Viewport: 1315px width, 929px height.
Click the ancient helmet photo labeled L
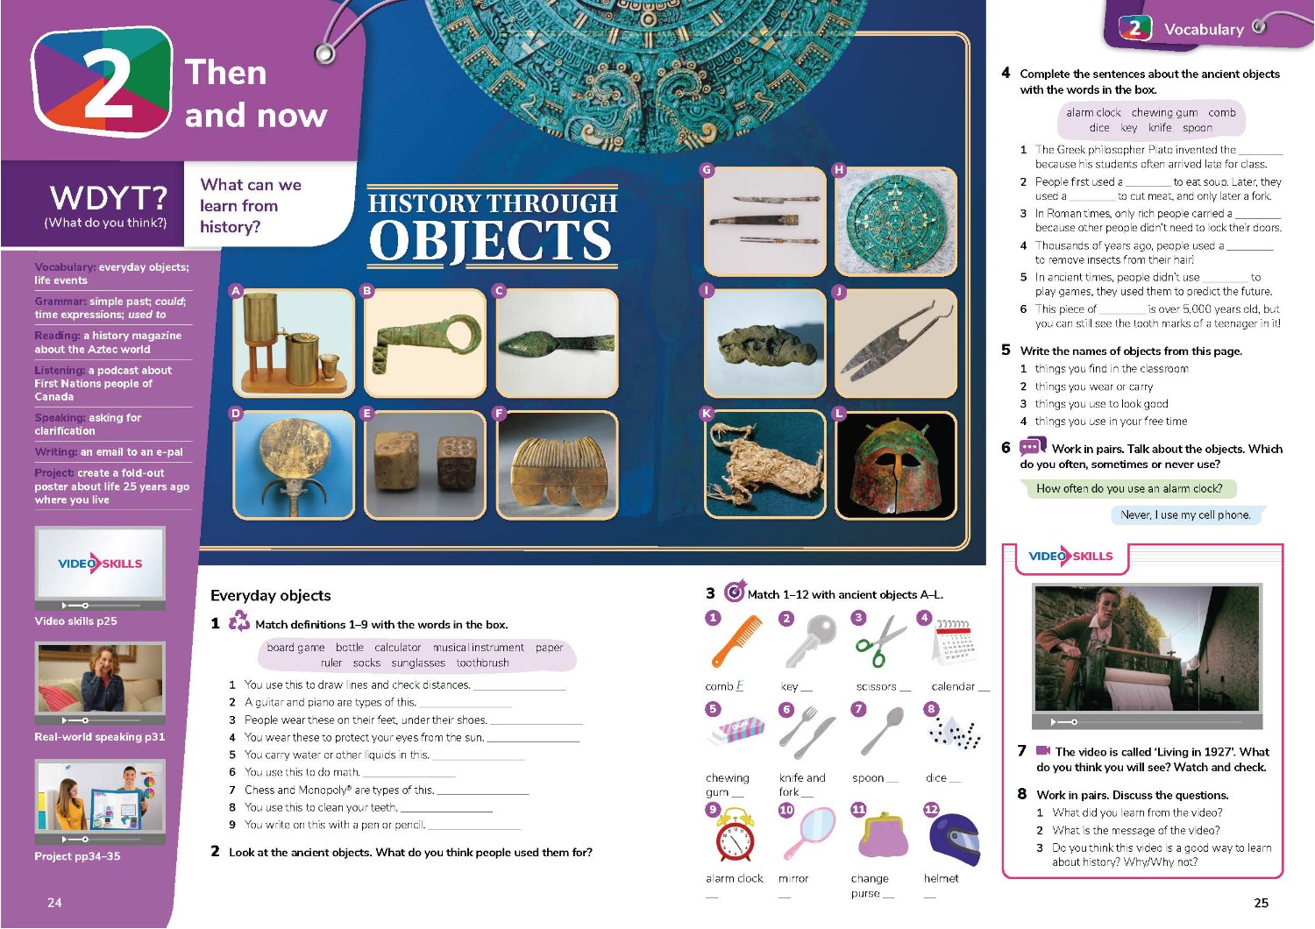896,465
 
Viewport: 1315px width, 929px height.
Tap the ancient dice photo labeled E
425,465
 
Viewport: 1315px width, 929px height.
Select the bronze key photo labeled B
425,344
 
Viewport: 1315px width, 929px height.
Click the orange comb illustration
736,641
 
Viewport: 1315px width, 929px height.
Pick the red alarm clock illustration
735,834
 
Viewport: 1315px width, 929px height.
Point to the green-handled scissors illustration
880,641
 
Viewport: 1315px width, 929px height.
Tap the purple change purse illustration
882,835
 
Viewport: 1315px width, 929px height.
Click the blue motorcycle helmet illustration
955,839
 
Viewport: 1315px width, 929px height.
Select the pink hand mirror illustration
810,833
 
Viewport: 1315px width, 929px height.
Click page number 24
54,903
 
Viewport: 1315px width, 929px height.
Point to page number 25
1261,904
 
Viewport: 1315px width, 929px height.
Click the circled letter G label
707,170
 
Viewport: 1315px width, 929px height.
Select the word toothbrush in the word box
482,663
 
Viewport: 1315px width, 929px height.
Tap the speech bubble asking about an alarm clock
1128,488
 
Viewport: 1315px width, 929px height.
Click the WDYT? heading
109,198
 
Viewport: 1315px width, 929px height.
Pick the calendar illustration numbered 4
954,642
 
